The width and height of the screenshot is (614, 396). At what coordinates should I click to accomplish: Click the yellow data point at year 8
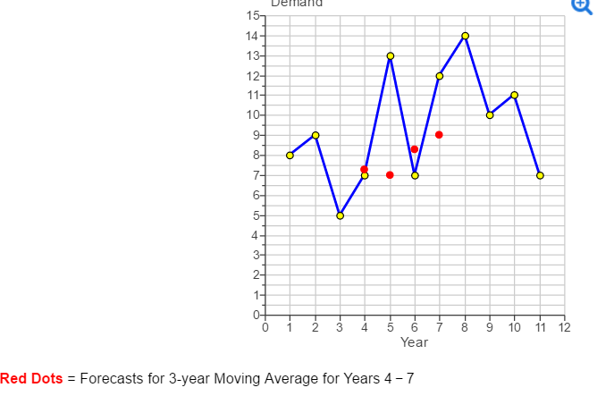pyautogui.click(x=465, y=36)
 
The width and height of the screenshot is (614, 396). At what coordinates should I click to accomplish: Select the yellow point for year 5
pyautogui.click(x=390, y=55)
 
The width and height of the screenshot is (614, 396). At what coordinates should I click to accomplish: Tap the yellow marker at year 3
pyautogui.click(x=340, y=215)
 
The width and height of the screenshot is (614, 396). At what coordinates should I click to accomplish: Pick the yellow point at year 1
pyautogui.click(x=290, y=155)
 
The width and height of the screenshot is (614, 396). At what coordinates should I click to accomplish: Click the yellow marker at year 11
pyautogui.click(x=540, y=175)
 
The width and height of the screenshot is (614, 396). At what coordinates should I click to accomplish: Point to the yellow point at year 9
pyautogui.click(x=490, y=115)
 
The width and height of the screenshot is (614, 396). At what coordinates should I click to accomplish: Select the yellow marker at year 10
pyautogui.click(x=515, y=95)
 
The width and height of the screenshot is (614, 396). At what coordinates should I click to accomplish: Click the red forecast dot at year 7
pyautogui.click(x=439, y=135)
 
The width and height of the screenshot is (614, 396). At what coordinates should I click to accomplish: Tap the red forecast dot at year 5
pyautogui.click(x=390, y=174)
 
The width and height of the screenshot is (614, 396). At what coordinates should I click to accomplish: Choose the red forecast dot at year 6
pyautogui.click(x=415, y=149)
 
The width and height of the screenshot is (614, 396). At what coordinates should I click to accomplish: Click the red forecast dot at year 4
pyautogui.click(x=364, y=169)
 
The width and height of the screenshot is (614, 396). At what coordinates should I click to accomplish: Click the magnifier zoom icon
pyautogui.click(x=582, y=5)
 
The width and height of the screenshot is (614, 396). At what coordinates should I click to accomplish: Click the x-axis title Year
pyautogui.click(x=414, y=342)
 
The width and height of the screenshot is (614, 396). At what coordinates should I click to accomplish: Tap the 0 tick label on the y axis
pyautogui.click(x=254, y=316)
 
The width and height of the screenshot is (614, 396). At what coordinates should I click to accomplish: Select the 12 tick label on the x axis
pyautogui.click(x=564, y=327)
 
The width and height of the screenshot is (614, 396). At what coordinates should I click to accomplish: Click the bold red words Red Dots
pyautogui.click(x=31, y=378)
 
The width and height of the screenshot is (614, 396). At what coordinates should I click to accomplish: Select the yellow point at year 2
pyautogui.click(x=315, y=135)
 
